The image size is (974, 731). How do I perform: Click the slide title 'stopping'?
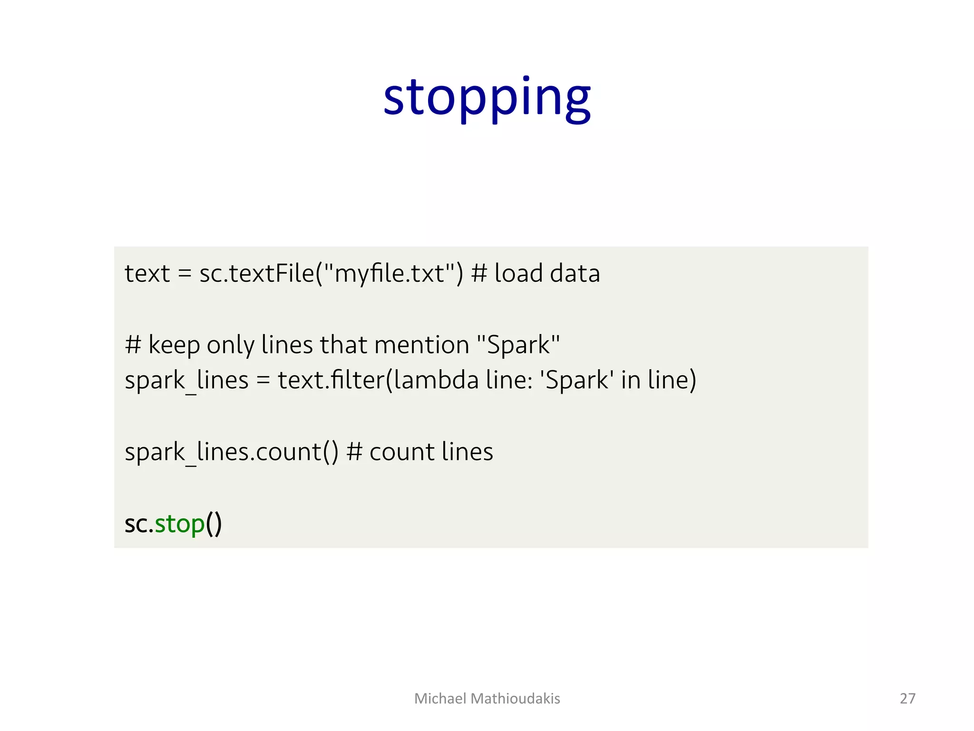pos(487,98)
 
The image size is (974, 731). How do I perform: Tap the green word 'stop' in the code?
pos(180,524)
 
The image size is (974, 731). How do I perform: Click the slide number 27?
pos(907,698)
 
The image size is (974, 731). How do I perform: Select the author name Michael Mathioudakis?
pos(487,698)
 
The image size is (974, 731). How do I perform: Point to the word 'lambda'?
pos(436,380)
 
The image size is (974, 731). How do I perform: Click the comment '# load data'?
pos(536,274)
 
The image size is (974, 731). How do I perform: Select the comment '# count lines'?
pos(420,452)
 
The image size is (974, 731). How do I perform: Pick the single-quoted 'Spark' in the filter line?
pos(576,380)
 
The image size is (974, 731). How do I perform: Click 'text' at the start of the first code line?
pos(147,274)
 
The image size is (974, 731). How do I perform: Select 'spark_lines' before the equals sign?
pos(186,380)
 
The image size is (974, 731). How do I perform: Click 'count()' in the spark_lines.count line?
pos(297,452)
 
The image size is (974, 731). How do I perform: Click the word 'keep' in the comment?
pos(174,345)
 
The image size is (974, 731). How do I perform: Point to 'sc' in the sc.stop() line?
pos(136,524)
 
